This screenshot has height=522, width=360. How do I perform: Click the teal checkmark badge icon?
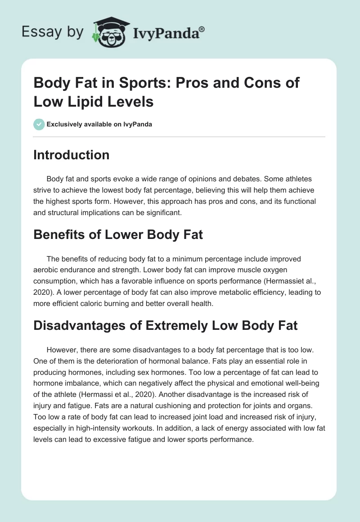(39, 124)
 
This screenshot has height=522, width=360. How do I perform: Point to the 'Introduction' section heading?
(72, 155)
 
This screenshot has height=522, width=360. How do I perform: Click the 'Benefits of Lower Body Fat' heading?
(118, 234)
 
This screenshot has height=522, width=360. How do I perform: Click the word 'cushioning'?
(141, 405)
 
